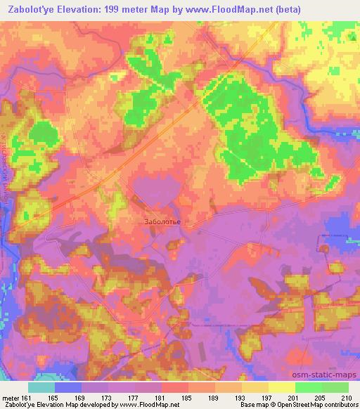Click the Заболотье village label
click(x=162, y=223)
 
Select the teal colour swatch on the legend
click(x=41, y=387)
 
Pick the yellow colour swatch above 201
click(x=281, y=387)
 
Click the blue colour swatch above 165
click(x=68, y=387)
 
